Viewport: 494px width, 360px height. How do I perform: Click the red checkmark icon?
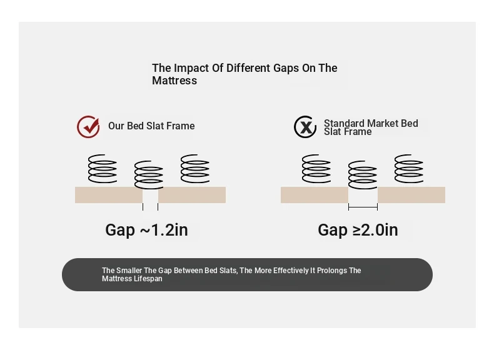[x=88, y=127]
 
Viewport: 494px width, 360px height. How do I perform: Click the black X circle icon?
[x=305, y=127]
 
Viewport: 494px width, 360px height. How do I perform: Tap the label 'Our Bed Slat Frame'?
[x=151, y=126]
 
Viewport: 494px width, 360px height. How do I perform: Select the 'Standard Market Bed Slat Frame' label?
[x=371, y=127]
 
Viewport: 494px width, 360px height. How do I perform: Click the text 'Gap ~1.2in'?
[x=146, y=230]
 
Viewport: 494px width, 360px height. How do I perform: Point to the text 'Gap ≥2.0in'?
[x=358, y=230]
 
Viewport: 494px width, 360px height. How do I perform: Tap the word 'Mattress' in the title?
[x=174, y=81]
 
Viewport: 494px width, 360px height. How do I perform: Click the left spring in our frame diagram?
[x=103, y=169]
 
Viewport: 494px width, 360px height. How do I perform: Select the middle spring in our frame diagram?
[x=149, y=175]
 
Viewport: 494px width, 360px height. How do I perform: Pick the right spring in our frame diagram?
[x=195, y=169]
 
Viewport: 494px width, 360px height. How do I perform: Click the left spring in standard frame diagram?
[x=316, y=169]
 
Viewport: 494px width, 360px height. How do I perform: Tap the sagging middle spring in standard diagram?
[x=363, y=175]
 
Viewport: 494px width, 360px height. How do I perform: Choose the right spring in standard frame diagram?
[x=409, y=169]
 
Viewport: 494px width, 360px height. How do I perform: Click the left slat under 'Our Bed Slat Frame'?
[x=109, y=194]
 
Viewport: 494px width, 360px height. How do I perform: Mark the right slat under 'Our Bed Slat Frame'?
[x=192, y=194]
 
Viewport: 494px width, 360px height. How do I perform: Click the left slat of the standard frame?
[x=315, y=194]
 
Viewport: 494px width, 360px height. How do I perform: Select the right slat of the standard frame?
[x=411, y=194]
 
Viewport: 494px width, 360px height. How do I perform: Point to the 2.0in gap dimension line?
[x=363, y=207]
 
